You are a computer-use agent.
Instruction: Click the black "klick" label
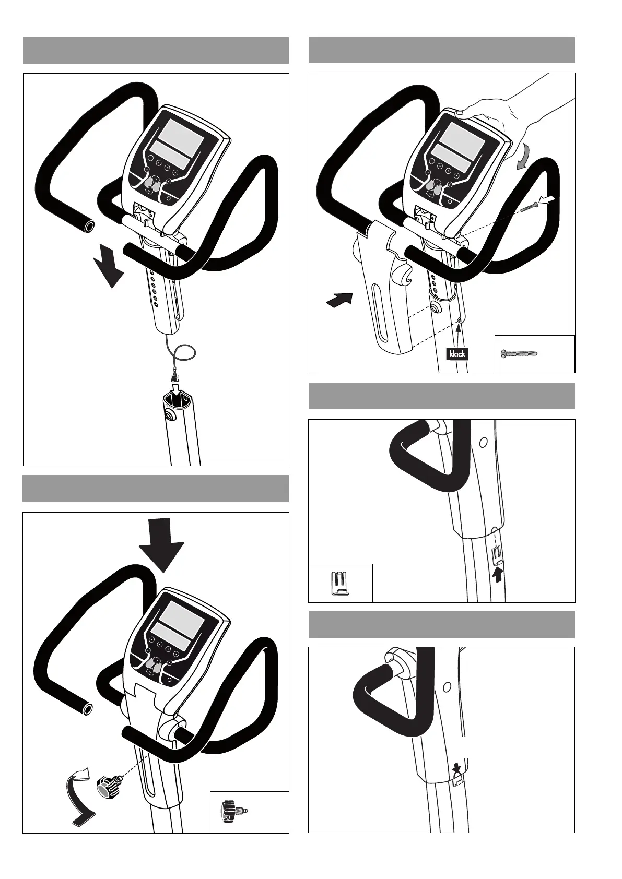(x=457, y=353)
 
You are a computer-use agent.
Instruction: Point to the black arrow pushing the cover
(x=338, y=300)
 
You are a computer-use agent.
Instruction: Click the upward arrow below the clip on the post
(x=499, y=574)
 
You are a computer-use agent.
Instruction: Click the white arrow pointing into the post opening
(x=176, y=389)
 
